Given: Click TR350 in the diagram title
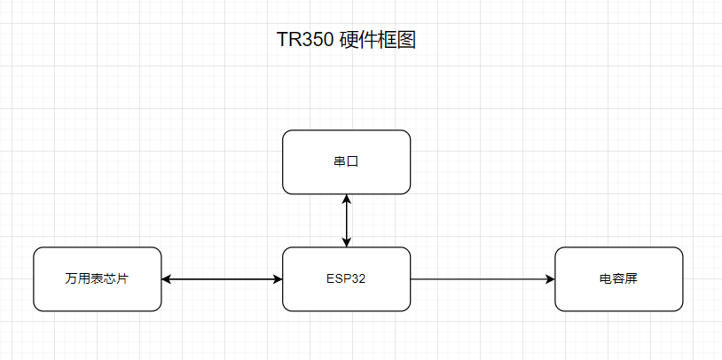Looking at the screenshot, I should click(x=305, y=41).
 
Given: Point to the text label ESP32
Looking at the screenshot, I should click(x=346, y=278).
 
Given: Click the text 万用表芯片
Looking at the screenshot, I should click(x=98, y=278).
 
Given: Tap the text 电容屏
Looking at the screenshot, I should click(x=618, y=278).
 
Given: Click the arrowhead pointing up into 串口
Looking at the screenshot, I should click(x=347, y=200).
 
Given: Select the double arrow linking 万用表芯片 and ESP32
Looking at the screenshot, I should click(x=222, y=279).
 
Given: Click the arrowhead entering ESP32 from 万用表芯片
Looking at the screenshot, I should click(x=277, y=279).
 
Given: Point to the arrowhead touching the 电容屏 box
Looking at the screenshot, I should click(x=549, y=279).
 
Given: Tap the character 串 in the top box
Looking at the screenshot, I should click(x=340, y=162).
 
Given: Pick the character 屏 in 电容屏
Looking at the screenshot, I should click(x=632, y=278).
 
